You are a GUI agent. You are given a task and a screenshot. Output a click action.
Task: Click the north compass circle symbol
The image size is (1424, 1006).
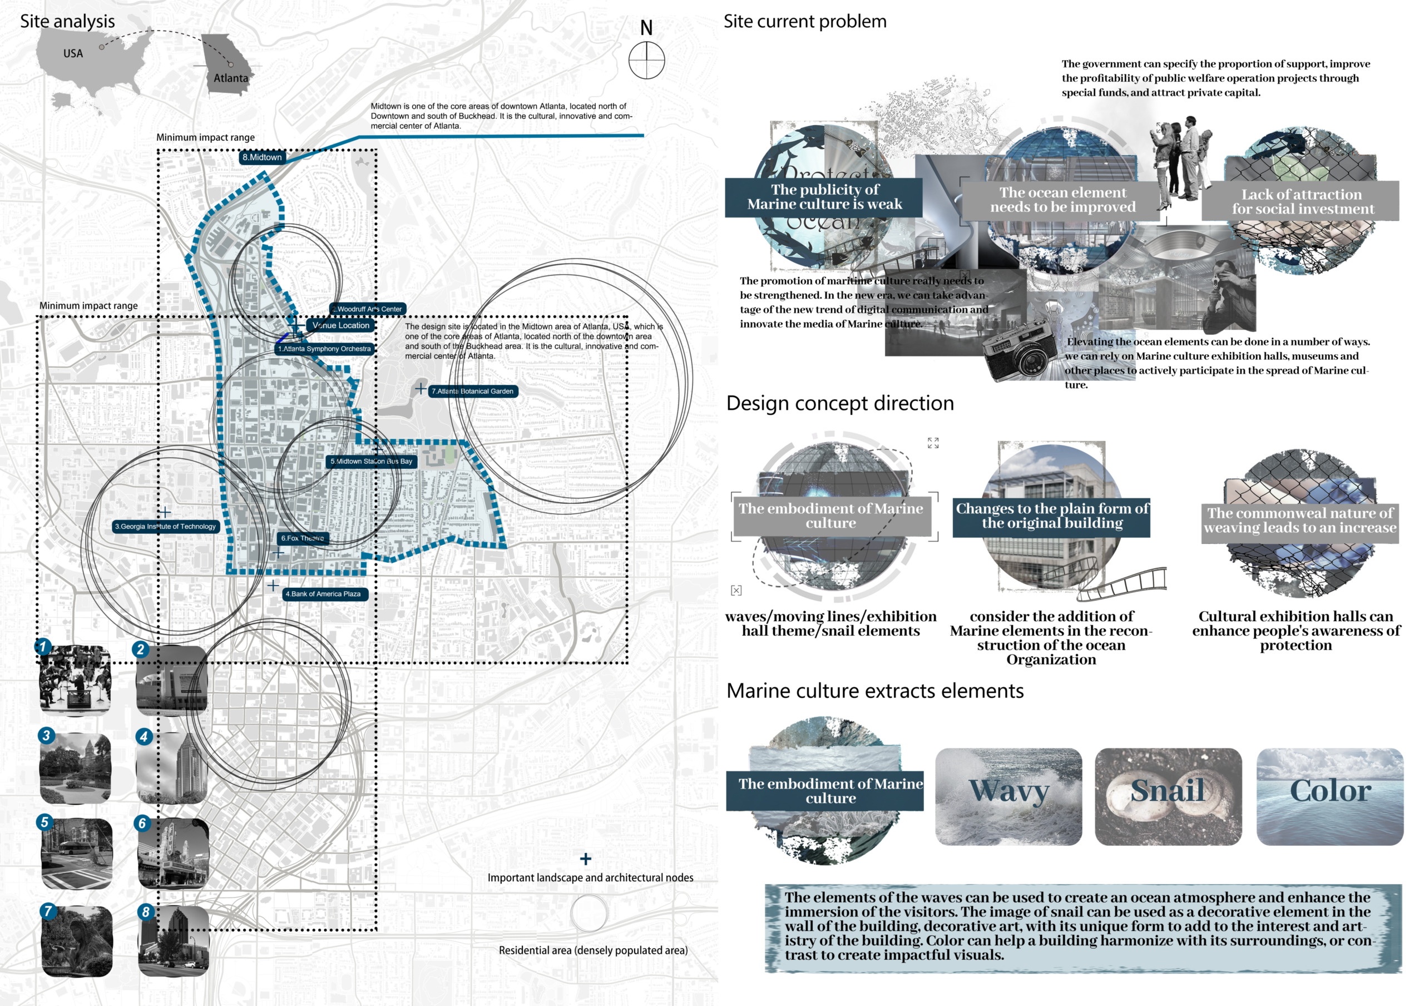tap(646, 60)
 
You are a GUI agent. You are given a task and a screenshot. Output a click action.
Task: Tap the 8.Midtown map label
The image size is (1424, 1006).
tap(262, 157)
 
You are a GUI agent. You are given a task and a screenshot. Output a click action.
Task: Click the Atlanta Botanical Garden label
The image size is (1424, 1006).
tap(473, 392)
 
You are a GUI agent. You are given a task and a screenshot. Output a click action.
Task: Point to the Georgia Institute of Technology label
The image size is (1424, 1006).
tap(166, 527)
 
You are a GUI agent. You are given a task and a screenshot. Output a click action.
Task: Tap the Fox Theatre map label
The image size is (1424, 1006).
tap(303, 538)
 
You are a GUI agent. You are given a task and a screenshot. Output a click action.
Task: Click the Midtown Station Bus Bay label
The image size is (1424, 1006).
tap(372, 462)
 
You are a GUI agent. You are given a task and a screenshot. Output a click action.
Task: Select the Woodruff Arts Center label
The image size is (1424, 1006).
tap(368, 309)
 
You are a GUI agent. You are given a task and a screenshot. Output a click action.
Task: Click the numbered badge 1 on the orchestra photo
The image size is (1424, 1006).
tap(43, 647)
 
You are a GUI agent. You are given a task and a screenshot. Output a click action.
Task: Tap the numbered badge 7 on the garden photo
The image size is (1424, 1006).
tap(48, 911)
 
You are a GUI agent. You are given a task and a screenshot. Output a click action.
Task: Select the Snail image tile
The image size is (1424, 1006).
tap(1168, 796)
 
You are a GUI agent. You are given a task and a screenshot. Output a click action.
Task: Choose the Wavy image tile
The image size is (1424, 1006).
tap(1008, 796)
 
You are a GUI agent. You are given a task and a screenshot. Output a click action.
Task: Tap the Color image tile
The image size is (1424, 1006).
tap(1330, 796)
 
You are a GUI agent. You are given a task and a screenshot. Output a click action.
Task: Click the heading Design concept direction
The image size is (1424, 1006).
tap(840, 404)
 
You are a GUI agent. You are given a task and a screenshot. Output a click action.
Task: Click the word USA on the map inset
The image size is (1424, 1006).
tap(73, 54)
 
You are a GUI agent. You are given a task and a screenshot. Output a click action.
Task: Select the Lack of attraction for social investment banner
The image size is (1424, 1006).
tap(1301, 201)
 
